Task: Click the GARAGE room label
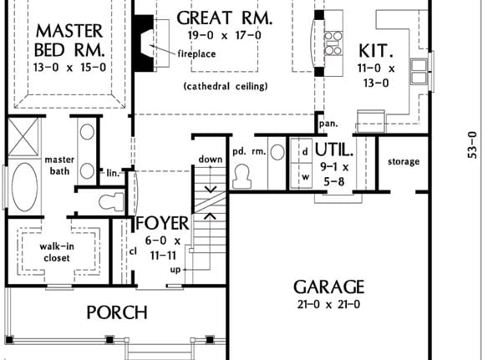(x=328, y=286)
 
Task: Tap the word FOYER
(x=163, y=223)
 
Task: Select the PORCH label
(x=117, y=312)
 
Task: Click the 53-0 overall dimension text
(x=472, y=145)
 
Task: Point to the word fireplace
(x=197, y=53)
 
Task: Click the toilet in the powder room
(x=241, y=177)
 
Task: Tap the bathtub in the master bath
(x=24, y=187)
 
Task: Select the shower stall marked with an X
(x=24, y=137)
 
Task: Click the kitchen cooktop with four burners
(x=333, y=43)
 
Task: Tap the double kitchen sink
(x=419, y=71)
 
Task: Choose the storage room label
(x=404, y=161)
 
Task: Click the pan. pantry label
(x=328, y=124)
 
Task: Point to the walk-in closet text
(x=57, y=252)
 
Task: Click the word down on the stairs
(x=211, y=159)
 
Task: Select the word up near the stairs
(x=175, y=270)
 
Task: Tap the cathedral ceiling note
(x=226, y=86)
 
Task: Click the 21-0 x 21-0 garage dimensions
(x=328, y=304)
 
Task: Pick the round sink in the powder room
(x=277, y=152)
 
